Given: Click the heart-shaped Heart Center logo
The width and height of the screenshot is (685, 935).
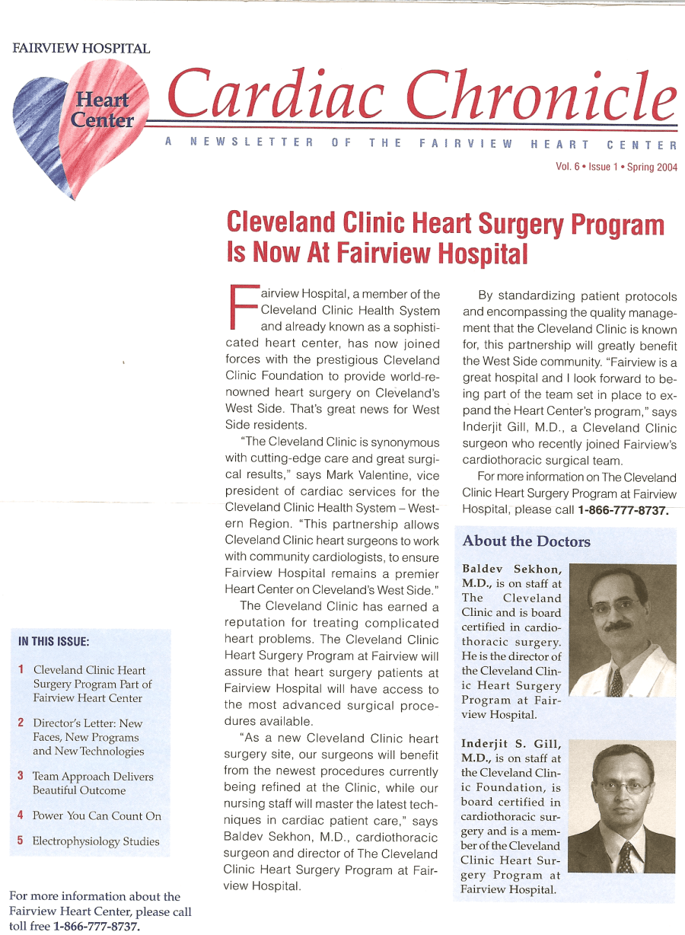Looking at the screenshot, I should point(80,122).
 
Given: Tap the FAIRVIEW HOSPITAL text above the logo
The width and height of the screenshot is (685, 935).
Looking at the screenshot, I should point(81,49).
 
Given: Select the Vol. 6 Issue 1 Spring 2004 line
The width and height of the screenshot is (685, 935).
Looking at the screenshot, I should point(616,168).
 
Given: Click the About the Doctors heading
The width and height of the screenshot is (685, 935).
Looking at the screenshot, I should point(526,541).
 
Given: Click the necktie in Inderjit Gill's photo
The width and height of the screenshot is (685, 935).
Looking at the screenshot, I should point(625,857).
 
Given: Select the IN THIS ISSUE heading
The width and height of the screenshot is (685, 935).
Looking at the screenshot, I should point(54,641).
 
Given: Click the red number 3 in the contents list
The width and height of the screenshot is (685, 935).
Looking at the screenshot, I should point(21,776).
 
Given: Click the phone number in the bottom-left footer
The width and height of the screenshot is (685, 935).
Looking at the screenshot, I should point(96,926).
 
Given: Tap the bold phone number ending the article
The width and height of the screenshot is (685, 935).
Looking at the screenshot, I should point(623,509).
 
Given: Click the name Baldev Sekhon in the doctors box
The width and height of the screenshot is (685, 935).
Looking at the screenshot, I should point(511,570).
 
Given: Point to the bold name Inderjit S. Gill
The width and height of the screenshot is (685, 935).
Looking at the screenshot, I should point(511,744).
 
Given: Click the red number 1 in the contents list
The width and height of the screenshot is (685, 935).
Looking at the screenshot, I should point(21,670).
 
